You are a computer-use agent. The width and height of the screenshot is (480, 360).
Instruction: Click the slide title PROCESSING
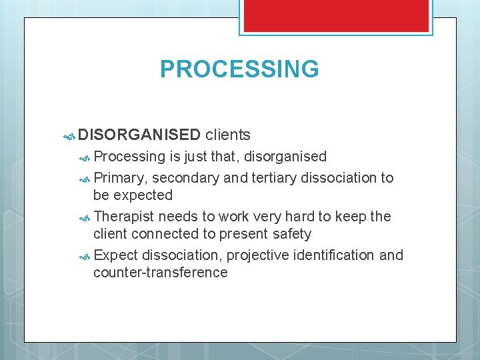coord(239,69)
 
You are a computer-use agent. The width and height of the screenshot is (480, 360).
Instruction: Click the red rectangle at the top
coord(336,15)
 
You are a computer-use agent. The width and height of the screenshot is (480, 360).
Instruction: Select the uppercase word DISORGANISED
coord(139,135)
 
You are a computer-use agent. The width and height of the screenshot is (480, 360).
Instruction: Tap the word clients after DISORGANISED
coord(228,135)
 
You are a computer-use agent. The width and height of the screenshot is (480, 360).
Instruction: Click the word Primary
coord(120,178)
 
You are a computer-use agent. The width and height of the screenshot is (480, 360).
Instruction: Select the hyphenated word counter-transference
coord(161,273)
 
